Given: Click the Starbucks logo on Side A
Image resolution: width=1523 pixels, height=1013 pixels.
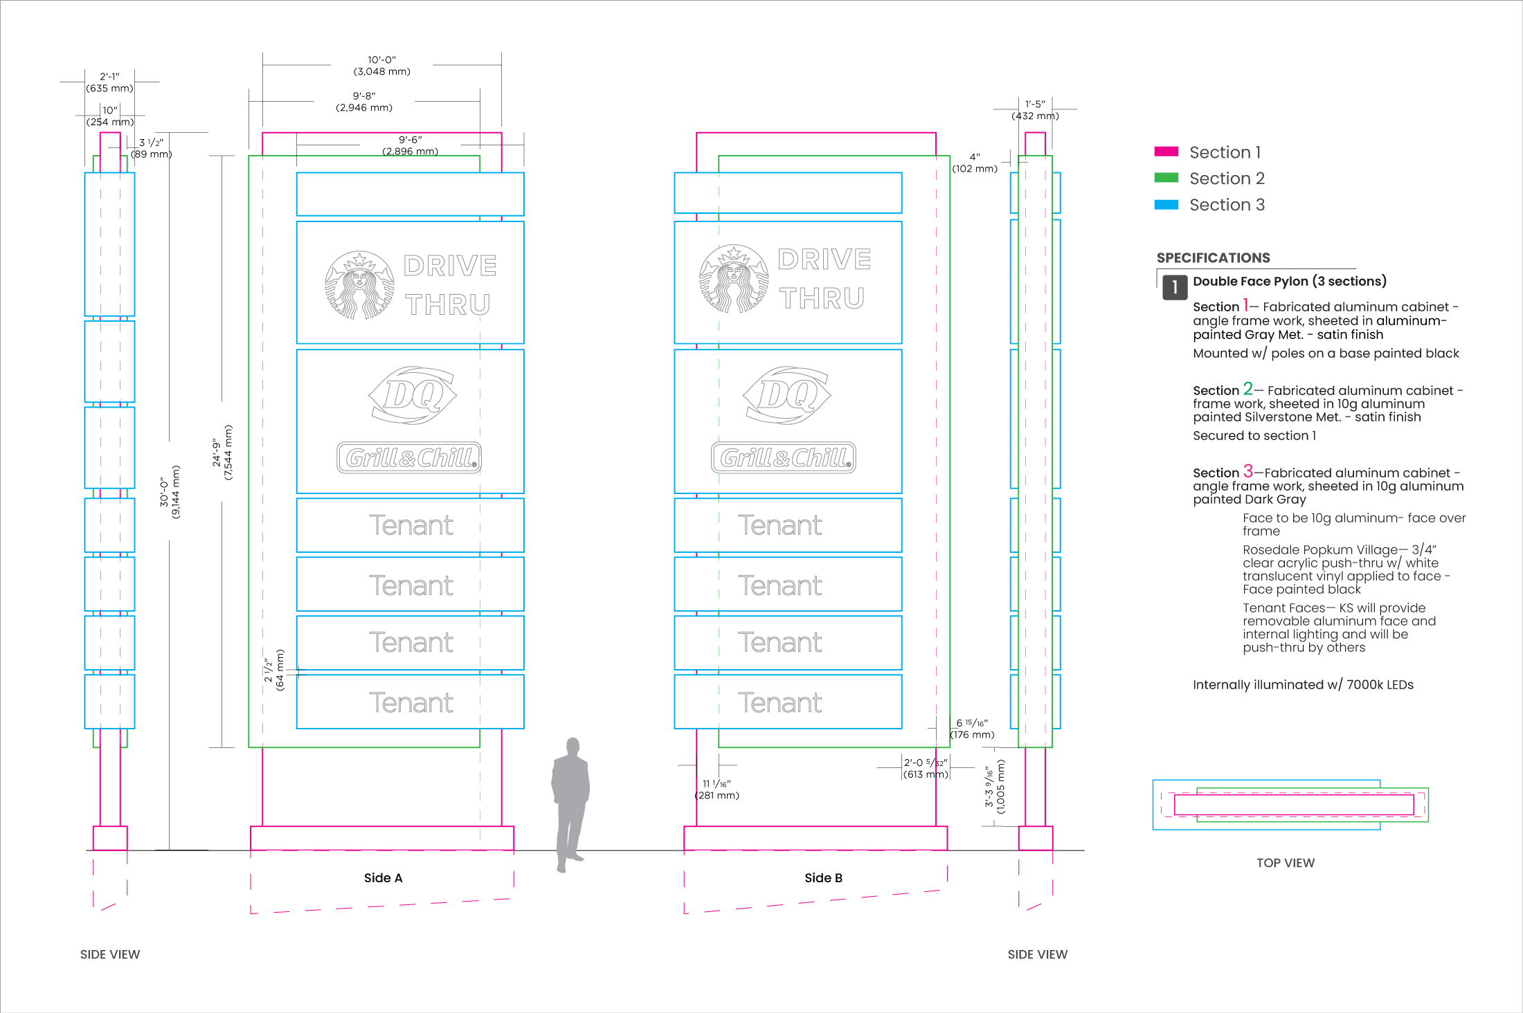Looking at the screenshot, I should click(x=359, y=285).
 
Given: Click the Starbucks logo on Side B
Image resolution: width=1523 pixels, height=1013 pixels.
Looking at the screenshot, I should click(x=733, y=279).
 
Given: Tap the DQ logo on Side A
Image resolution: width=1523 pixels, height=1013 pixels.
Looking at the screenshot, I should click(x=413, y=395).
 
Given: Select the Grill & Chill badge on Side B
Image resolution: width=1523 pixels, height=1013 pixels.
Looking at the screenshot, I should click(x=784, y=458).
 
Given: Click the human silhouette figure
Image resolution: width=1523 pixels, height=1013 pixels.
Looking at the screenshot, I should click(x=570, y=805).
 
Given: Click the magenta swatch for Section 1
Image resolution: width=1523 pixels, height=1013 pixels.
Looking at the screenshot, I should click(x=1166, y=152).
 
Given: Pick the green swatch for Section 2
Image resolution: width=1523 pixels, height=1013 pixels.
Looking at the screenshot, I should click(x=1166, y=179).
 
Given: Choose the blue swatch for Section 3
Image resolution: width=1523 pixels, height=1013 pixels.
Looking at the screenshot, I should click(x=1166, y=205).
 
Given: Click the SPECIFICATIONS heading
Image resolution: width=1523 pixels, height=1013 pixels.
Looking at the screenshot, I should click(x=1213, y=258).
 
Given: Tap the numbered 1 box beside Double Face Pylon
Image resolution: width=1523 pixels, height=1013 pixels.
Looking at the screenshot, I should click(x=1175, y=287).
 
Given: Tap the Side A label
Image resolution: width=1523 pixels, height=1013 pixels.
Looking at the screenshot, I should click(x=383, y=878).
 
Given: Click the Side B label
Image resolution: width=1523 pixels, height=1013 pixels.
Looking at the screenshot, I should click(x=823, y=878).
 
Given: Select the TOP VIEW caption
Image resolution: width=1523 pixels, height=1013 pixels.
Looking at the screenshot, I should click(x=1286, y=863).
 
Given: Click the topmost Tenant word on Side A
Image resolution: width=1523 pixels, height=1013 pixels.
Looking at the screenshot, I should click(x=411, y=526).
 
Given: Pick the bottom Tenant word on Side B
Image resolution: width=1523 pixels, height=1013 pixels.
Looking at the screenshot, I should click(x=780, y=703).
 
